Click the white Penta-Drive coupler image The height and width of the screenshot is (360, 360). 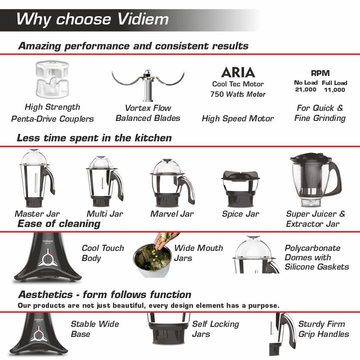(x=52, y=79)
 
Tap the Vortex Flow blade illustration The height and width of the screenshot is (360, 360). (x=148, y=85)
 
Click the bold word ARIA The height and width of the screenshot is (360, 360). (x=238, y=72)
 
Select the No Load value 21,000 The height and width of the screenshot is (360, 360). (x=305, y=89)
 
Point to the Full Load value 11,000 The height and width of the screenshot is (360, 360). (x=334, y=89)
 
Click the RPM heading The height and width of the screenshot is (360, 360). (x=320, y=73)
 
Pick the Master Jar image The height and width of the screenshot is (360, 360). (x=37, y=178)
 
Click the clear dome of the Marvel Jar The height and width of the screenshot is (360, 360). (x=167, y=167)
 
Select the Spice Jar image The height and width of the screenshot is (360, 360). (x=240, y=188)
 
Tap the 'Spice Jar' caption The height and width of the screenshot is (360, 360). (x=240, y=214)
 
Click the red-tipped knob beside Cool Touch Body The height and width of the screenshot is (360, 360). (x=47, y=260)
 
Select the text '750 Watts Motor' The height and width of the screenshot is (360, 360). (x=238, y=94)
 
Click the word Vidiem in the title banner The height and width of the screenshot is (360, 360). (x=143, y=19)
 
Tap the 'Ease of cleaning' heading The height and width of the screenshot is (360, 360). (x=59, y=223)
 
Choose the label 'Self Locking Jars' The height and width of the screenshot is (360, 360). (x=215, y=329)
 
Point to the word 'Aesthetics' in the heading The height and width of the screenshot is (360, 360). (x=45, y=294)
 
